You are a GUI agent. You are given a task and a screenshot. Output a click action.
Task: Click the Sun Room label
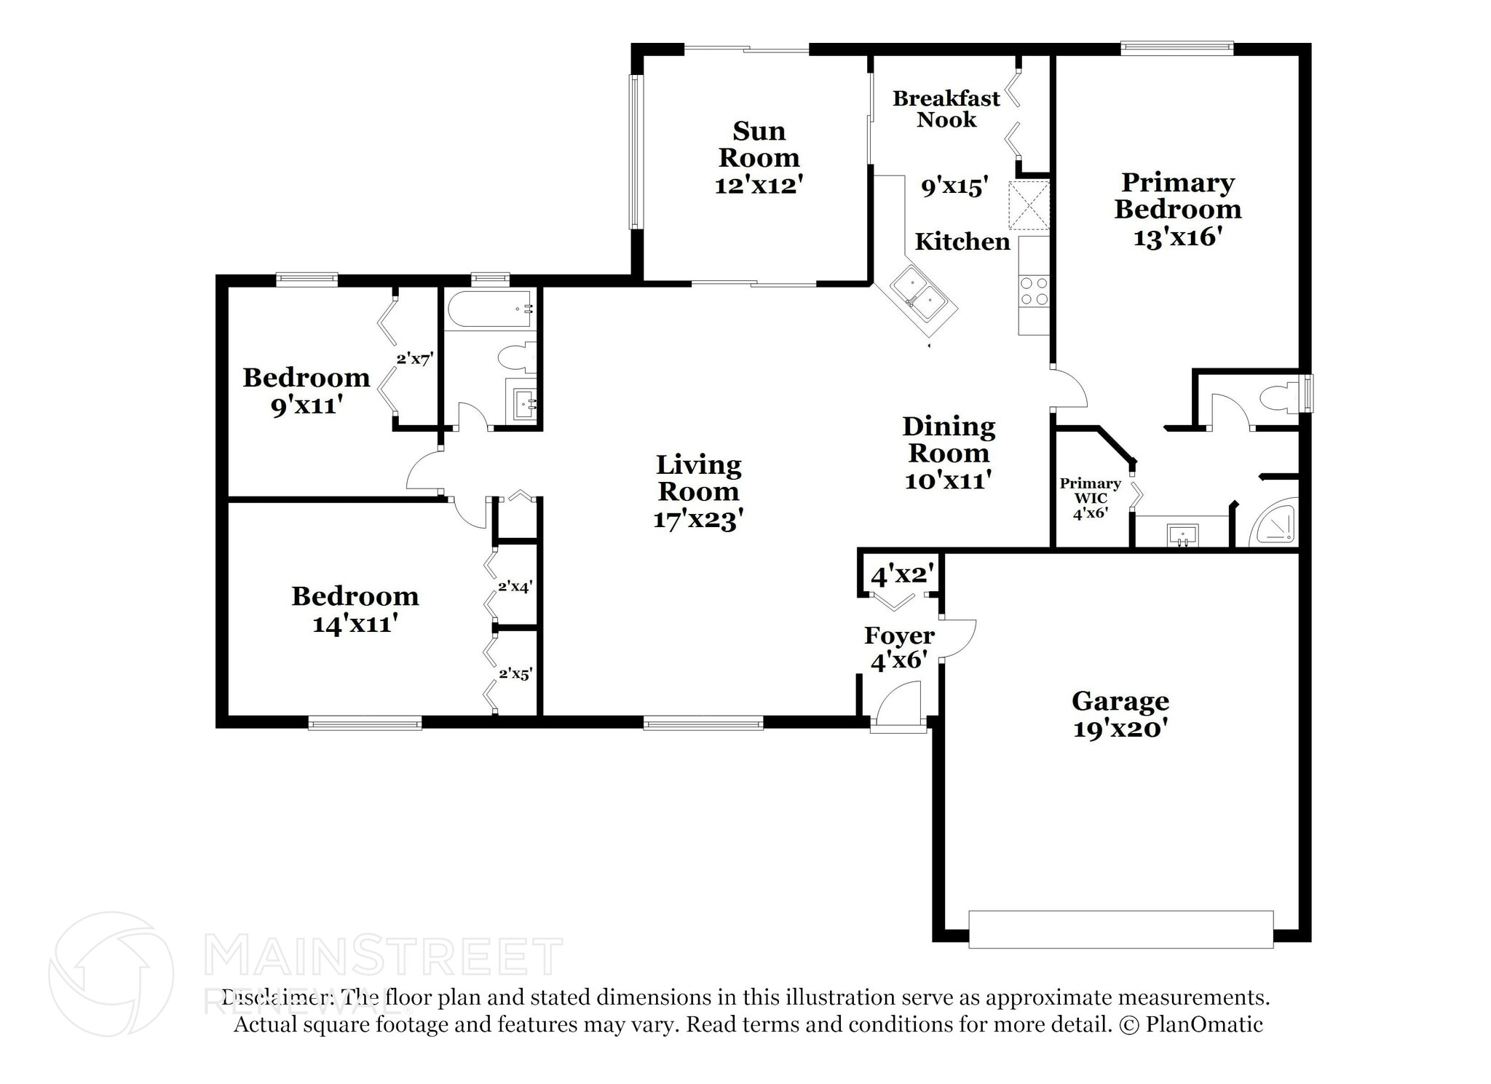pyautogui.click(x=759, y=144)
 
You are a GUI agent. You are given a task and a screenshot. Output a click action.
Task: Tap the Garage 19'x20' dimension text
pyautogui.click(x=1121, y=728)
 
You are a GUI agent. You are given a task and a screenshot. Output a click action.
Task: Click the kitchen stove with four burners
pyautogui.click(x=1034, y=291)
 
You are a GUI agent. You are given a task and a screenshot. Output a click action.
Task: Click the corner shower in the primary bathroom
pyautogui.click(x=1274, y=521)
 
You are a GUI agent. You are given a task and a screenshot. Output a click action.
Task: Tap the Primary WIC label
pyautogui.click(x=1090, y=491)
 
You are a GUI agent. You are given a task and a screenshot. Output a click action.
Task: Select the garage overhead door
pyautogui.click(x=1121, y=929)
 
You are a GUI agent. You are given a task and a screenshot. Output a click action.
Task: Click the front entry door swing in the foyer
pyautogui.click(x=898, y=703)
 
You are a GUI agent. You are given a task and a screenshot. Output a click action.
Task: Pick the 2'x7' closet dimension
pyautogui.click(x=415, y=358)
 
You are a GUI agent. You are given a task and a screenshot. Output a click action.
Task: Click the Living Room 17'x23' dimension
pyautogui.click(x=698, y=519)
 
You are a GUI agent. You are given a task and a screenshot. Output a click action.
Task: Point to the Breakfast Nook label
pyautogui.click(x=946, y=108)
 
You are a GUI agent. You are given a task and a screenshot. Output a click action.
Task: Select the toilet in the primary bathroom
pyautogui.click(x=1279, y=397)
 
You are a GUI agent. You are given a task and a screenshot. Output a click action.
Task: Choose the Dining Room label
pyautogui.click(x=949, y=440)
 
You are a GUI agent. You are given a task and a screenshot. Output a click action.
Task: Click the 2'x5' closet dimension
pyautogui.click(x=515, y=673)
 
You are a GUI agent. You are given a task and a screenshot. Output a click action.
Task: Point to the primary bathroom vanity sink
pyautogui.click(x=1183, y=535)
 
